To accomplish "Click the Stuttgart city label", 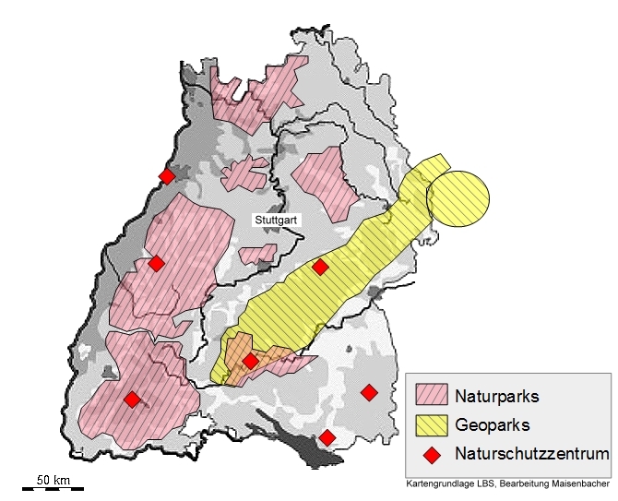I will (x=278, y=221).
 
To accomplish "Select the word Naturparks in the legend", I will (x=496, y=397).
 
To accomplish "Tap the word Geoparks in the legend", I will (x=493, y=425).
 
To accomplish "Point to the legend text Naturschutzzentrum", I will (x=531, y=454).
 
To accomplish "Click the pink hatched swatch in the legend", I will (x=431, y=397).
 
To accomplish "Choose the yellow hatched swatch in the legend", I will (x=431, y=425).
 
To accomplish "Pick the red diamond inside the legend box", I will (x=431, y=454).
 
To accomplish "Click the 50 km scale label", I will (x=53, y=481).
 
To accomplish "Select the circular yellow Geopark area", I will (x=458, y=198).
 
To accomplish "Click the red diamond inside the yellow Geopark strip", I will (x=320, y=268).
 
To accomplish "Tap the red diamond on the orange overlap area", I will (x=250, y=361).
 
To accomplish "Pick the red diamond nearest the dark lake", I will (x=327, y=437).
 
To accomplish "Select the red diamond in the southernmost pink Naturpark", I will (x=132, y=400).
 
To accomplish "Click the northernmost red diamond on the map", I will (x=167, y=176).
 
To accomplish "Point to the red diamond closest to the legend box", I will (x=369, y=393).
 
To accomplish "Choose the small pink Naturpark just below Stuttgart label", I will (x=257, y=255).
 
